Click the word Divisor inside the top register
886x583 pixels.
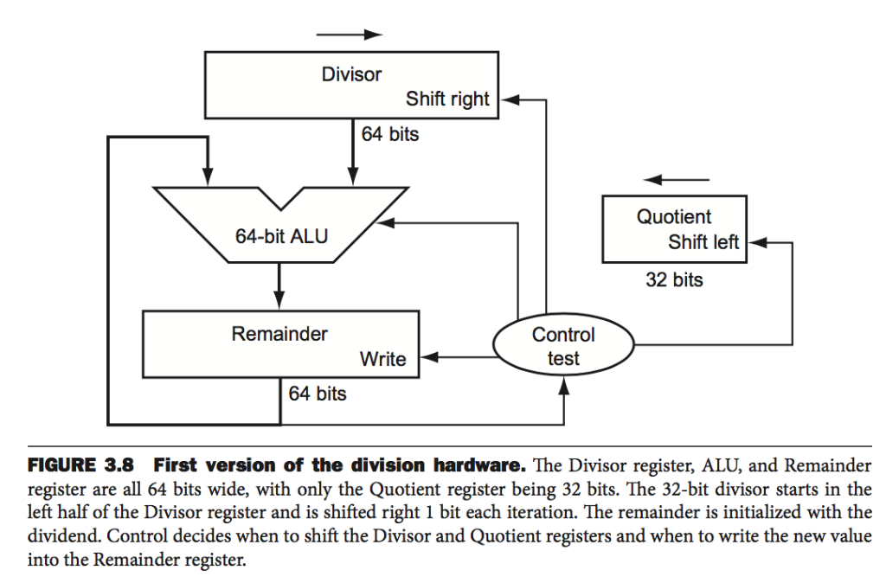click(350, 74)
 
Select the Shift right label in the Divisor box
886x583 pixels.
click(447, 99)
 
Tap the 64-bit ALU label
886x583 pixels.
click(282, 235)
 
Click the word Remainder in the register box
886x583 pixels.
click(279, 334)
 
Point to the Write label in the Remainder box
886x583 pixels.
click(382, 359)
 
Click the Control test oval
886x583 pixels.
click(563, 346)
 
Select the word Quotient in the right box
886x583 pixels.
click(674, 217)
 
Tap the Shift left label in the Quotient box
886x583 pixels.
click(703, 243)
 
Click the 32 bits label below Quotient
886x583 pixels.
click(674, 280)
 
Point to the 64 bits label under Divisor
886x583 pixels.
click(390, 135)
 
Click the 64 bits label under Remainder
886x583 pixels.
click(318, 394)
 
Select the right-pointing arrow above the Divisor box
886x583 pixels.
click(349, 35)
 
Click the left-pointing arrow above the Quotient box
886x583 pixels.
click(677, 180)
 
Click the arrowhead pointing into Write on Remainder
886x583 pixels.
click(427, 357)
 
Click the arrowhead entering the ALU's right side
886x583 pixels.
click(383, 222)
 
